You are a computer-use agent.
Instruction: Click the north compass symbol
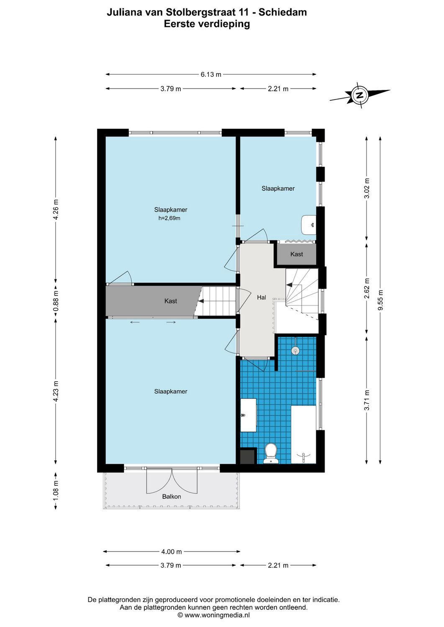(x=359, y=95)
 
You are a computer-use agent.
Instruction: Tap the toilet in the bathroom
(x=271, y=453)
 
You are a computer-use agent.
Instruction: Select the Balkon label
(x=172, y=497)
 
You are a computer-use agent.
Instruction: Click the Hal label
(x=262, y=297)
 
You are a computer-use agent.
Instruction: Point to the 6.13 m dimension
(x=210, y=74)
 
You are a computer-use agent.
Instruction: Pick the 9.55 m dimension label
(x=380, y=300)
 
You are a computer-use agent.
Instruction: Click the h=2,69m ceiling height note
(x=169, y=218)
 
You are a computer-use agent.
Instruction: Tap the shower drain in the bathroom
(x=296, y=350)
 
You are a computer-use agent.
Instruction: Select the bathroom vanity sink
(x=248, y=415)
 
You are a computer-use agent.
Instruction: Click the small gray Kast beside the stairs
(x=296, y=254)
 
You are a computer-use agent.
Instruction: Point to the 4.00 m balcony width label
(x=172, y=551)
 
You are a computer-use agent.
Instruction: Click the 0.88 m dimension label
(x=56, y=301)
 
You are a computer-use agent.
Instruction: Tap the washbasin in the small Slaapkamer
(x=308, y=225)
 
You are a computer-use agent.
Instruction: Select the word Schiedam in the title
(x=282, y=12)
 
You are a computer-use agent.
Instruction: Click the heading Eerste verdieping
(x=207, y=24)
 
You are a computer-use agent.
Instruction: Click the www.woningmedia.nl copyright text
(x=213, y=615)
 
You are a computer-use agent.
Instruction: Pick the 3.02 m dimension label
(x=367, y=188)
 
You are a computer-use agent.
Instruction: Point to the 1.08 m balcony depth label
(x=56, y=491)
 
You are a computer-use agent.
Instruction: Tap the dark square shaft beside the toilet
(x=248, y=456)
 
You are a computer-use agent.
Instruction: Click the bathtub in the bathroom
(x=303, y=435)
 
